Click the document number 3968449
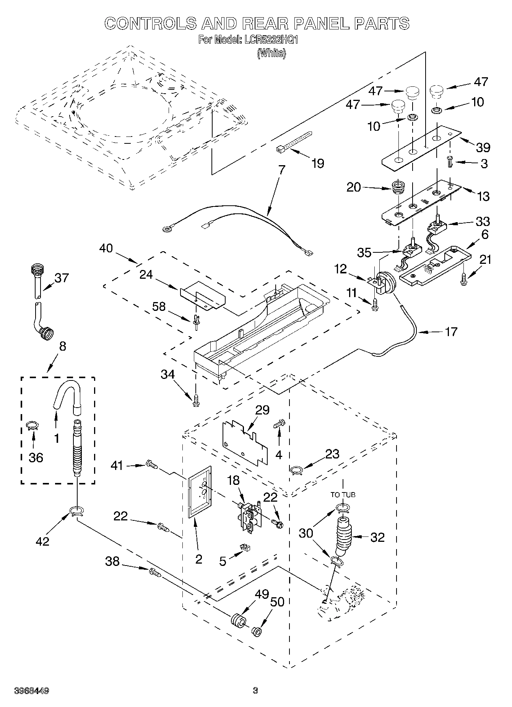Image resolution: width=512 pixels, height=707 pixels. [31, 691]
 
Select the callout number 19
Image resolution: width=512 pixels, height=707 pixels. [318, 163]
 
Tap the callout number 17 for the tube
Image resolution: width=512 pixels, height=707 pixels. [451, 331]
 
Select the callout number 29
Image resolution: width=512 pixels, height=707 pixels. [262, 410]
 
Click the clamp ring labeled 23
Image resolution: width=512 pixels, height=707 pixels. [297, 470]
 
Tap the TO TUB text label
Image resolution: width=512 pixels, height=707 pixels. [343, 494]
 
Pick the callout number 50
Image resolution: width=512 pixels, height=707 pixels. [277, 602]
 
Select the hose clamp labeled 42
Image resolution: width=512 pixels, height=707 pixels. [77, 511]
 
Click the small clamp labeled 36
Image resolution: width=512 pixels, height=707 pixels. [33, 425]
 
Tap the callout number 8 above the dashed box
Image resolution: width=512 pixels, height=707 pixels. [63, 346]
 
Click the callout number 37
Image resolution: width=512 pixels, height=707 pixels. [62, 278]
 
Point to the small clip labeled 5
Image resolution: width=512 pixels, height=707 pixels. [244, 548]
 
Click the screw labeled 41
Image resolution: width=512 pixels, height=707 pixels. [152, 465]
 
